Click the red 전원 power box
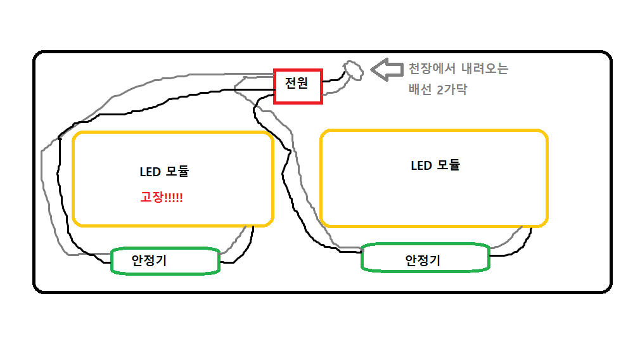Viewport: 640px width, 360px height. [x=298, y=86]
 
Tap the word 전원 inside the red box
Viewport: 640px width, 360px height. [x=297, y=83]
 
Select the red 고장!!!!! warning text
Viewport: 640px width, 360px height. [x=162, y=197]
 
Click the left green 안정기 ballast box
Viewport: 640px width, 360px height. [x=165, y=261]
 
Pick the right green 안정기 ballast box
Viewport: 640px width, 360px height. [x=425, y=258]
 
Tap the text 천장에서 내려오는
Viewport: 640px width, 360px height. [x=458, y=68]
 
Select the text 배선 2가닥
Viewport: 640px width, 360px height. [x=438, y=89]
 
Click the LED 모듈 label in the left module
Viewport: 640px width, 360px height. [x=164, y=171]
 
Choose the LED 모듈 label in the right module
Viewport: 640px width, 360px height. [x=435, y=165]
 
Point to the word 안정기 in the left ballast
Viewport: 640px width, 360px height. [x=149, y=260]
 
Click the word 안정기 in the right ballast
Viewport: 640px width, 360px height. [x=423, y=260]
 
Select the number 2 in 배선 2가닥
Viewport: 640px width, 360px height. [x=440, y=89]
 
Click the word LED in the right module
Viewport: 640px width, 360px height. [x=421, y=166]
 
